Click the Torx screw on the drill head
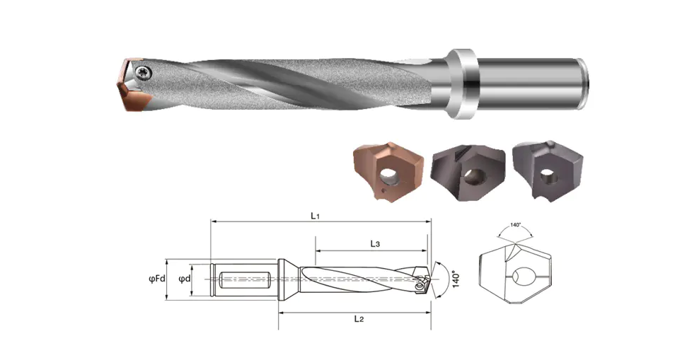pyautogui.click(x=144, y=71)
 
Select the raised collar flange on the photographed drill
pyautogui.click(x=461, y=83)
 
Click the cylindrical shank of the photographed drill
pyautogui.click(x=533, y=83)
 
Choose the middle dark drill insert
pyautogui.click(x=468, y=173)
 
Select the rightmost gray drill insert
pyautogui.click(x=547, y=170)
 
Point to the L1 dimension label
pyautogui.click(x=316, y=216)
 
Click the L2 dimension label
pyautogui.click(x=359, y=318)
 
